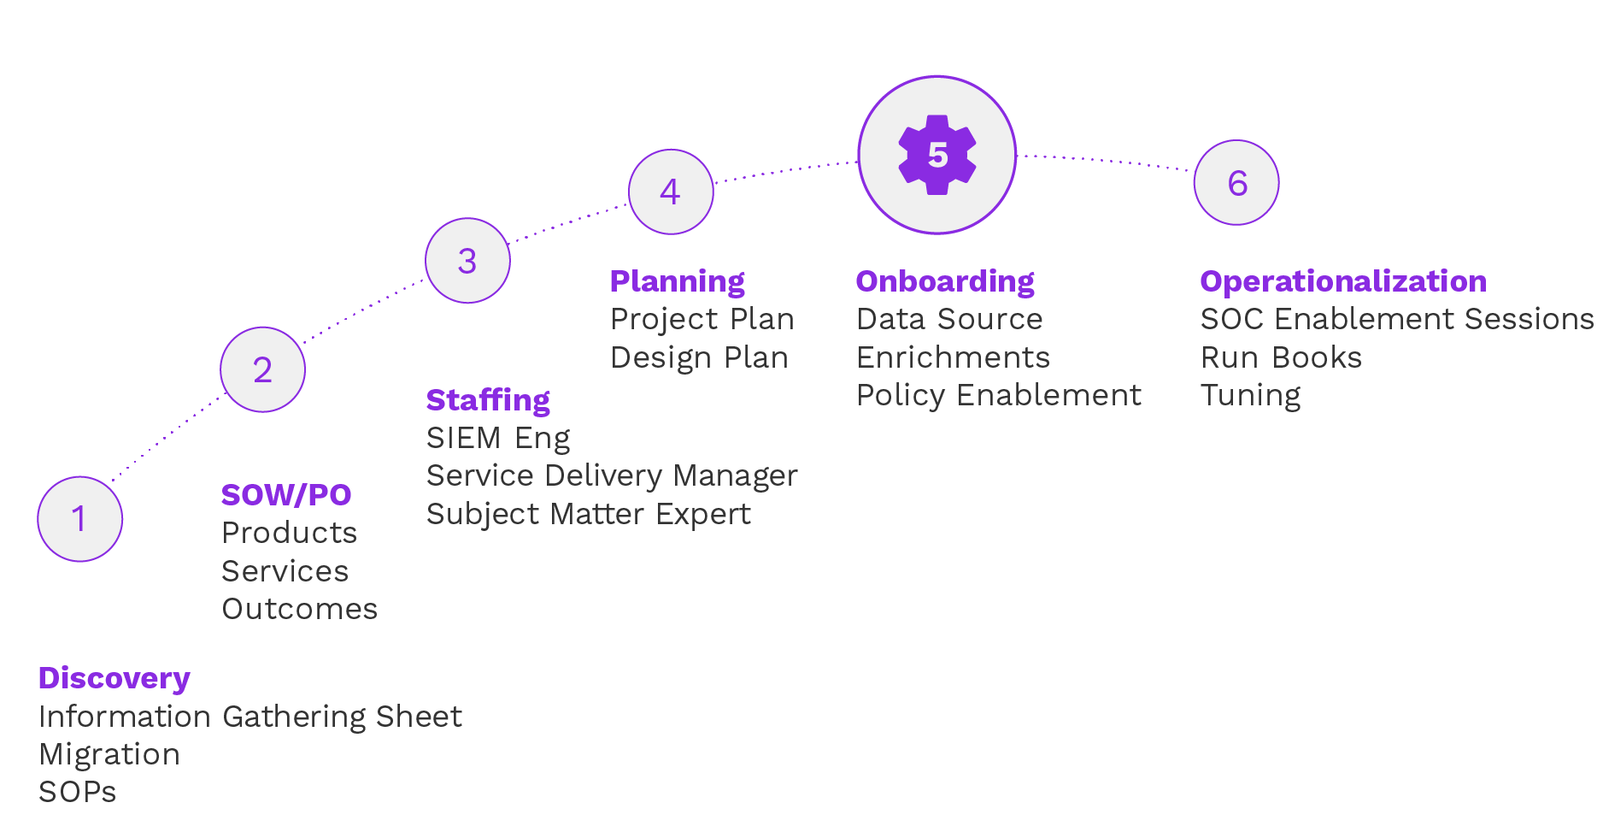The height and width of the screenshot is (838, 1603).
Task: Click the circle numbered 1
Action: [x=80, y=519]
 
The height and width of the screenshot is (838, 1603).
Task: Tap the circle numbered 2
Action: [x=262, y=369]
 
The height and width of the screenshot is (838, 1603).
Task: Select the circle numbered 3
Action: [x=467, y=261]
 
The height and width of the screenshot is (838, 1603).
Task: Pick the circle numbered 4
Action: [x=671, y=192]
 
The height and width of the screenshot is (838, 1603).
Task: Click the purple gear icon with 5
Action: [x=937, y=155]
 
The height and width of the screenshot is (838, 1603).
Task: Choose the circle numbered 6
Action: [x=1236, y=183]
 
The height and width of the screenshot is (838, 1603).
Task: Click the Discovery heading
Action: [x=114, y=678]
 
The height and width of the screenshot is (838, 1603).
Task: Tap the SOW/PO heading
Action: [x=286, y=495]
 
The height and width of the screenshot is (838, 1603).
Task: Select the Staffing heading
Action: [x=488, y=400]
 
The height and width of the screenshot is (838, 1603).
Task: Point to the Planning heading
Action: [x=677, y=281]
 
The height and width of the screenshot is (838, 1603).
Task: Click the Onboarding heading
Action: [x=945, y=281]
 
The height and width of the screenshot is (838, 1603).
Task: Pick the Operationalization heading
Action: [x=1343, y=281]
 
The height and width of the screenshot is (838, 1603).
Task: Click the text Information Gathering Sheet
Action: [x=250, y=717]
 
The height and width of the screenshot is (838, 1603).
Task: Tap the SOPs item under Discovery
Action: [x=78, y=792]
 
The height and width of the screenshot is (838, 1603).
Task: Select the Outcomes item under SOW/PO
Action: [x=300, y=609]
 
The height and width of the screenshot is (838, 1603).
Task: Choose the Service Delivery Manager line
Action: [x=612, y=475]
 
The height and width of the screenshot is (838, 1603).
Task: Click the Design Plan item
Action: [x=699, y=357]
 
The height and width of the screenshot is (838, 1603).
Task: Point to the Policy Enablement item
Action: [x=999, y=395]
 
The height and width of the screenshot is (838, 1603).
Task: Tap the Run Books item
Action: [x=1281, y=357]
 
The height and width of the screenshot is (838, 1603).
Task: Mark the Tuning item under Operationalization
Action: [x=1250, y=395]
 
